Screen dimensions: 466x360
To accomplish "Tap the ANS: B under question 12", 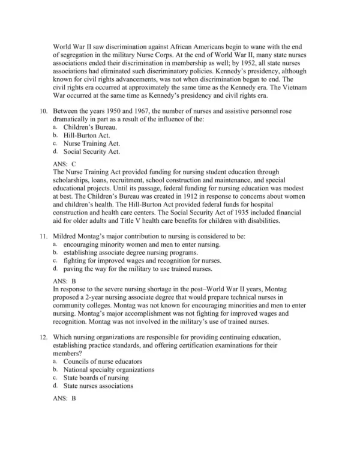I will [64, 398].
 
